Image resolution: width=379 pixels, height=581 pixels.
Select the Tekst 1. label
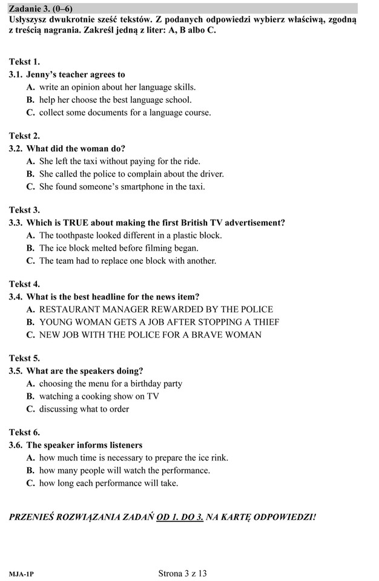pyautogui.click(x=24, y=62)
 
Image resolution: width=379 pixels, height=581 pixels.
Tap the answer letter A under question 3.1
pyautogui.click(x=30, y=87)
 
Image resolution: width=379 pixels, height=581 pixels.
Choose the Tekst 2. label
pyautogui.click(x=24, y=136)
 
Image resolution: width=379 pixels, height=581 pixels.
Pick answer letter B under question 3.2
pyautogui.click(x=30, y=174)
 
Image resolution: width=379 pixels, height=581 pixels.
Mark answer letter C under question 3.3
pyautogui.click(x=30, y=261)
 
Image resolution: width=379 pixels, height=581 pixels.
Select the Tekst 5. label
pyautogui.click(x=24, y=358)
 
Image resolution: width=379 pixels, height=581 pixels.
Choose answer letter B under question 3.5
pyautogui.click(x=30, y=396)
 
